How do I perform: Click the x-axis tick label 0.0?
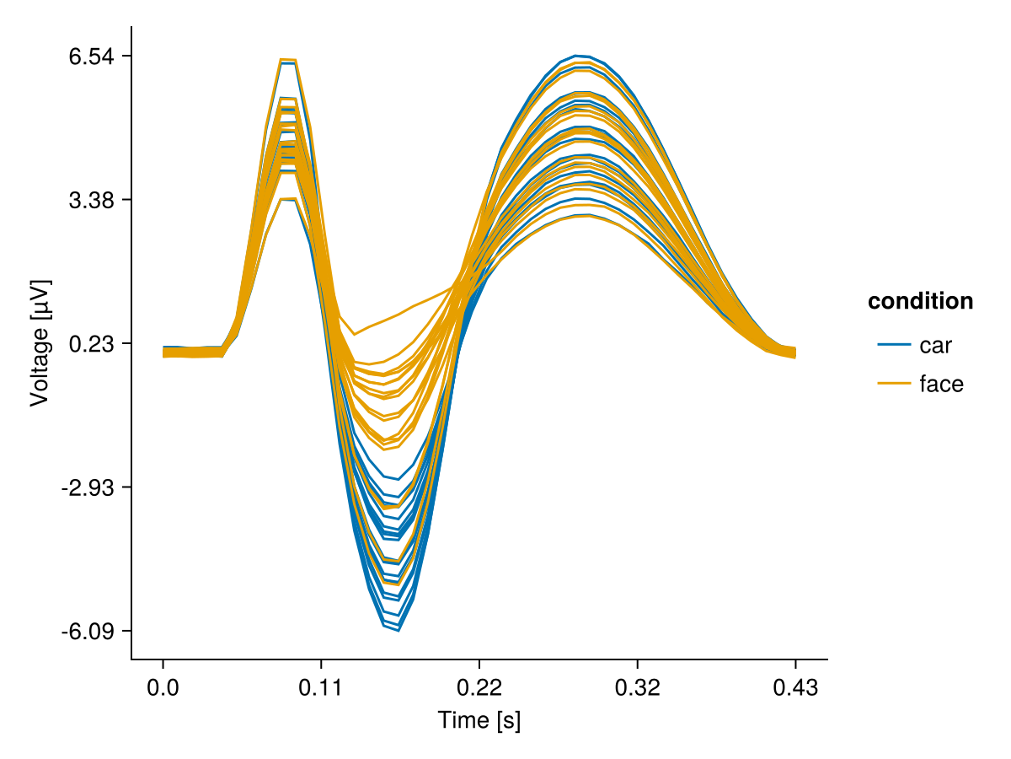pyautogui.click(x=163, y=689)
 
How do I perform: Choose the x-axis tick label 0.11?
pyautogui.click(x=321, y=689)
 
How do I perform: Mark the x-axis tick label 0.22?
pyautogui.click(x=479, y=689)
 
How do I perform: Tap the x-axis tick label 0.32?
pyautogui.click(x=637, y=689)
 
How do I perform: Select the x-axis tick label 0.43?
pyautogui.click(x=795, y=689)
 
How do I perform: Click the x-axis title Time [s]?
pyautogui.click(x=479, y=721)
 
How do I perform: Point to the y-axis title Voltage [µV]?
pyautogui.click(x=40, y=343)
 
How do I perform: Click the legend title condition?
pyautogui.click(x=921, y=301)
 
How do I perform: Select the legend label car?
pyautogui.click(x=936, y=344)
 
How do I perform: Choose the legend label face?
pyautogui.click(x=941, y=384)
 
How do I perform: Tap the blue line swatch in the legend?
pyautogui.click(x=894, y=344)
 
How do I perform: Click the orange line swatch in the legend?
pyautogui.click(x=894, y=384)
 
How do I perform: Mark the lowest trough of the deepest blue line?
pyautogui.click(x=398, y=630)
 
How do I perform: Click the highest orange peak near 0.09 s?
pyautogui.click(x=288, y=59)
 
